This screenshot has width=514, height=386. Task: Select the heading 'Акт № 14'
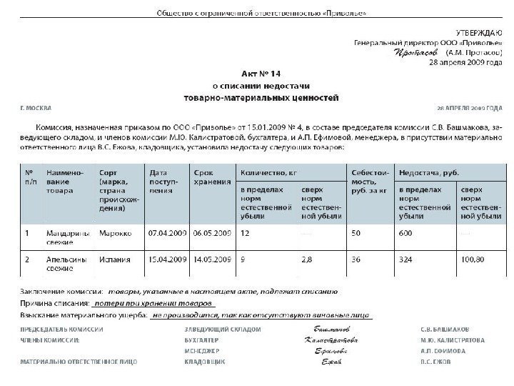click(258, 74)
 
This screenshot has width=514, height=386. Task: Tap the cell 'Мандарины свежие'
click(64, 237)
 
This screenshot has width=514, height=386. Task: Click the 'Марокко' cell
click(116, 233)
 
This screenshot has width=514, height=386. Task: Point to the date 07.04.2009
click(166, 233)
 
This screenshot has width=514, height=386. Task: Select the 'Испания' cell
click(115, 260)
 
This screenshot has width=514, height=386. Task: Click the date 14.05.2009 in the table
click(212, 260)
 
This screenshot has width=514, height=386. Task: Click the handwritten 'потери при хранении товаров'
click(141, 303)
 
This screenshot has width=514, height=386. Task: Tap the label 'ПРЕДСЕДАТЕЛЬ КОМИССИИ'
click(61, 330)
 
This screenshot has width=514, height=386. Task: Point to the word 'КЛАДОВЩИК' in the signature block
click(205, 363)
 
